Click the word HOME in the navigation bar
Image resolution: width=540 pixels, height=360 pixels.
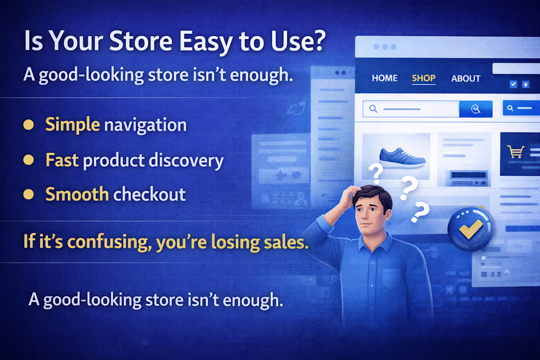pyautogui.click(x=384, y=78)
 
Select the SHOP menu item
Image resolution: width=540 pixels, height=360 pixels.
pyautogui.click(x=424, y=78)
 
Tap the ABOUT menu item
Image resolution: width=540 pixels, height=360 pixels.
pyautogui.click(x=465, y=78)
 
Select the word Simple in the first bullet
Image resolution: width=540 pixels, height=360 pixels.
pyautogui.click(x=73, y=125)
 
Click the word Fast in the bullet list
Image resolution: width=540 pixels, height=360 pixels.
pyautogui.click(x=62, y=160)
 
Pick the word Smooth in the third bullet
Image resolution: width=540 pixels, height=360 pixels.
pyautogui.click(x=77, y=194)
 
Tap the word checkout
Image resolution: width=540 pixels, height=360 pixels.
pyautogui.click(x=149, y=194)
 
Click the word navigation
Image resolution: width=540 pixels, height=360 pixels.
pyautogui.click(x=145, y=125)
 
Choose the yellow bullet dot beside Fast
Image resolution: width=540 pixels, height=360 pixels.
pyautogui.click(x=28, y=160)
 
